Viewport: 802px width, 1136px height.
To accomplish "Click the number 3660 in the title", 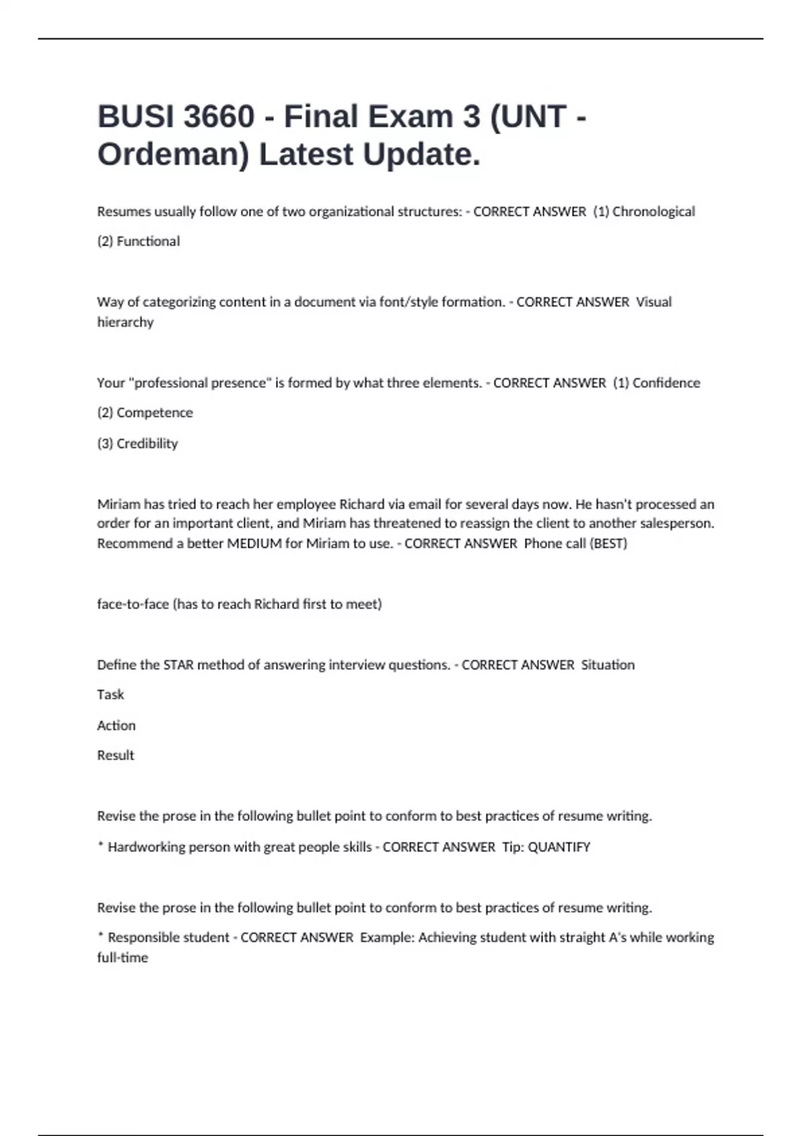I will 219,117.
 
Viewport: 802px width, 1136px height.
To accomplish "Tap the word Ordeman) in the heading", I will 173,155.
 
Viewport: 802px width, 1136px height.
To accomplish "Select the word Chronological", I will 654,212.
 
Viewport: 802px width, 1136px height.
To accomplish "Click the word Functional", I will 148,241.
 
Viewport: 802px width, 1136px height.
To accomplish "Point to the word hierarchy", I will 125,322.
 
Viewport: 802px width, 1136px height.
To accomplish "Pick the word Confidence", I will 666,383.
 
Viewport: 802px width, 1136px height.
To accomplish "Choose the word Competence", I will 154,413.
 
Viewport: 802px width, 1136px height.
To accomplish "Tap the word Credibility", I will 147,444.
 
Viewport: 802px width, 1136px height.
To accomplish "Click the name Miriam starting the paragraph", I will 118,505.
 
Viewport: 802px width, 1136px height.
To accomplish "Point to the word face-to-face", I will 132,604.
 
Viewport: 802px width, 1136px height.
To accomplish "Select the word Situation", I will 608,665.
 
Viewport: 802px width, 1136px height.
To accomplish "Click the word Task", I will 110,695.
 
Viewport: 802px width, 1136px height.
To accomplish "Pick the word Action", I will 116,726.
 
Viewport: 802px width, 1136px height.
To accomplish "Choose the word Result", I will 115,756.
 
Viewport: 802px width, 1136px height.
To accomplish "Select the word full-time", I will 122,958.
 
